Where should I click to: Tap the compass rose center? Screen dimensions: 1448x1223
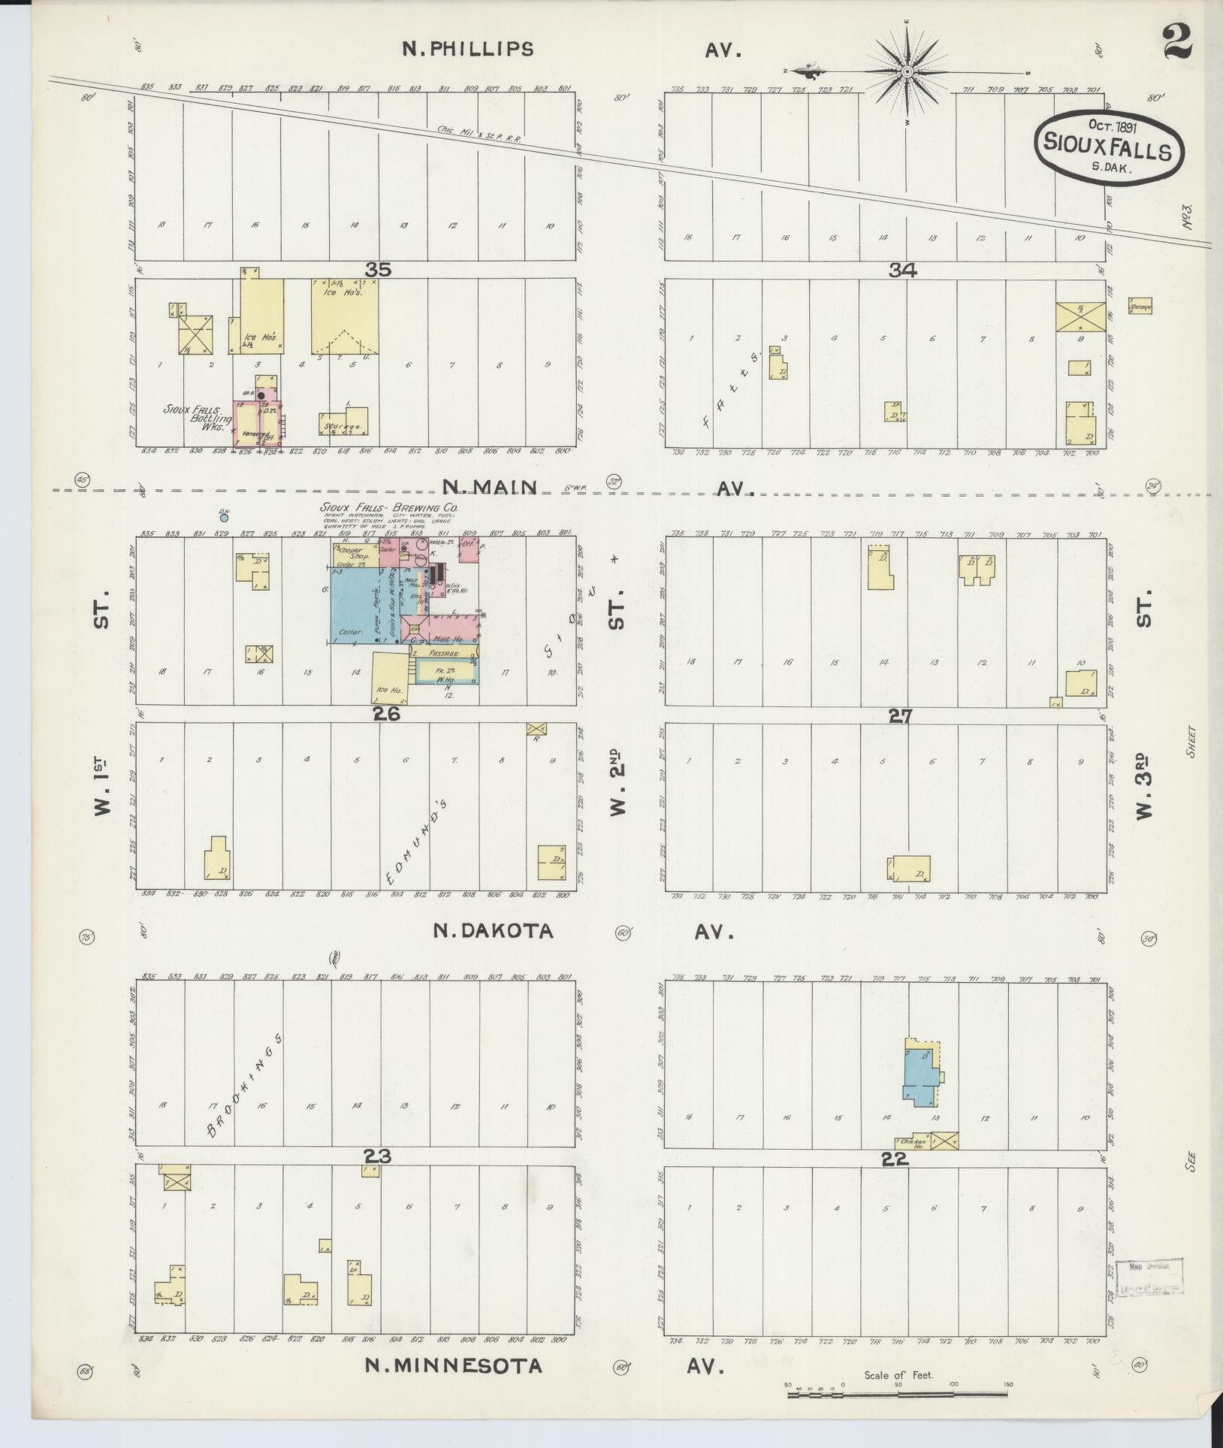[907, 72]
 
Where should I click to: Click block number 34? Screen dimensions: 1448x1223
[901, 271]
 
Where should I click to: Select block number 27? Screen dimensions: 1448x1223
[899, 716]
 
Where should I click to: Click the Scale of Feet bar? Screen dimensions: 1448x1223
[898, 1395]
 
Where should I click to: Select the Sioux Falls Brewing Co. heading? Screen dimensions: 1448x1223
[388, 507]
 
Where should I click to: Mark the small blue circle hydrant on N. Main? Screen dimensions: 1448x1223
[223, 517]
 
